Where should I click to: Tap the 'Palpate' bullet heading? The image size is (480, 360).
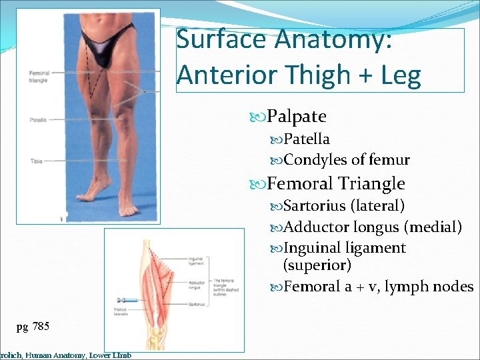coord(296,117)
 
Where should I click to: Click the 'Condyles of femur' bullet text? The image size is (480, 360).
coord(347,160)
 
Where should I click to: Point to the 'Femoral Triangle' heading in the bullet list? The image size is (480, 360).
coord(336,183)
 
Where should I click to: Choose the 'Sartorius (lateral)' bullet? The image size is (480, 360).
coord(344,205)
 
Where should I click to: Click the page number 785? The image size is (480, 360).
coord(39,326)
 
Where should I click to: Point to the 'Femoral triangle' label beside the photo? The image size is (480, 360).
coord(39,77)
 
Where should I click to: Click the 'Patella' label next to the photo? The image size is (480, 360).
coord(38,120)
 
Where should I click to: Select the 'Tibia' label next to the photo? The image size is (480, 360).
coord(36,161)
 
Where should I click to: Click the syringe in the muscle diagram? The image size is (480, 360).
coord(127,301)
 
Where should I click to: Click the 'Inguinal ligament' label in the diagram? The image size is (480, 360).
coord(196,261)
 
